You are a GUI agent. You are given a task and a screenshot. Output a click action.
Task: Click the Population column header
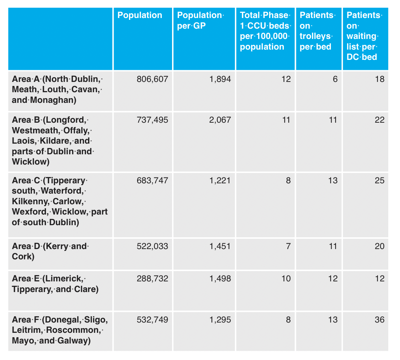(140, 15)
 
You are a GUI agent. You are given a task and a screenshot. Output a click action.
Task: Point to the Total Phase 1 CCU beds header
(265, 31)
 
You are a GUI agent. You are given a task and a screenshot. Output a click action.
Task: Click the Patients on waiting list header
(364, 36)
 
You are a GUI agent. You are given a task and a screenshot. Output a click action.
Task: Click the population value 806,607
(152, 79)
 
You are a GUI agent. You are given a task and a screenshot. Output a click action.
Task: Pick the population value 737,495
(152, 120)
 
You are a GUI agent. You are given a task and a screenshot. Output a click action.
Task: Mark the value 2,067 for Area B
(220, 120)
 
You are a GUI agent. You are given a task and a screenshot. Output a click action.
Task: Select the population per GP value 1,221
(220, 180)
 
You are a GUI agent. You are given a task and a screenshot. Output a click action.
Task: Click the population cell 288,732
(152, 279)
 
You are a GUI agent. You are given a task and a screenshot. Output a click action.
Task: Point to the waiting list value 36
(380, 320)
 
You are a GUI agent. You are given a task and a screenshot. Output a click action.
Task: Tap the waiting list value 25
(380, 180)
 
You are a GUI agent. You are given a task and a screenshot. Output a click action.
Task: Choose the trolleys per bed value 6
(335, 79)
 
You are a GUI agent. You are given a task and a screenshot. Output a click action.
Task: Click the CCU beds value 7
(288, 246)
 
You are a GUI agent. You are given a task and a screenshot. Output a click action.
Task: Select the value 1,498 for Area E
(220, 279)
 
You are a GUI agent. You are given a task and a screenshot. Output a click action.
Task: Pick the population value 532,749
(152, 320)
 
